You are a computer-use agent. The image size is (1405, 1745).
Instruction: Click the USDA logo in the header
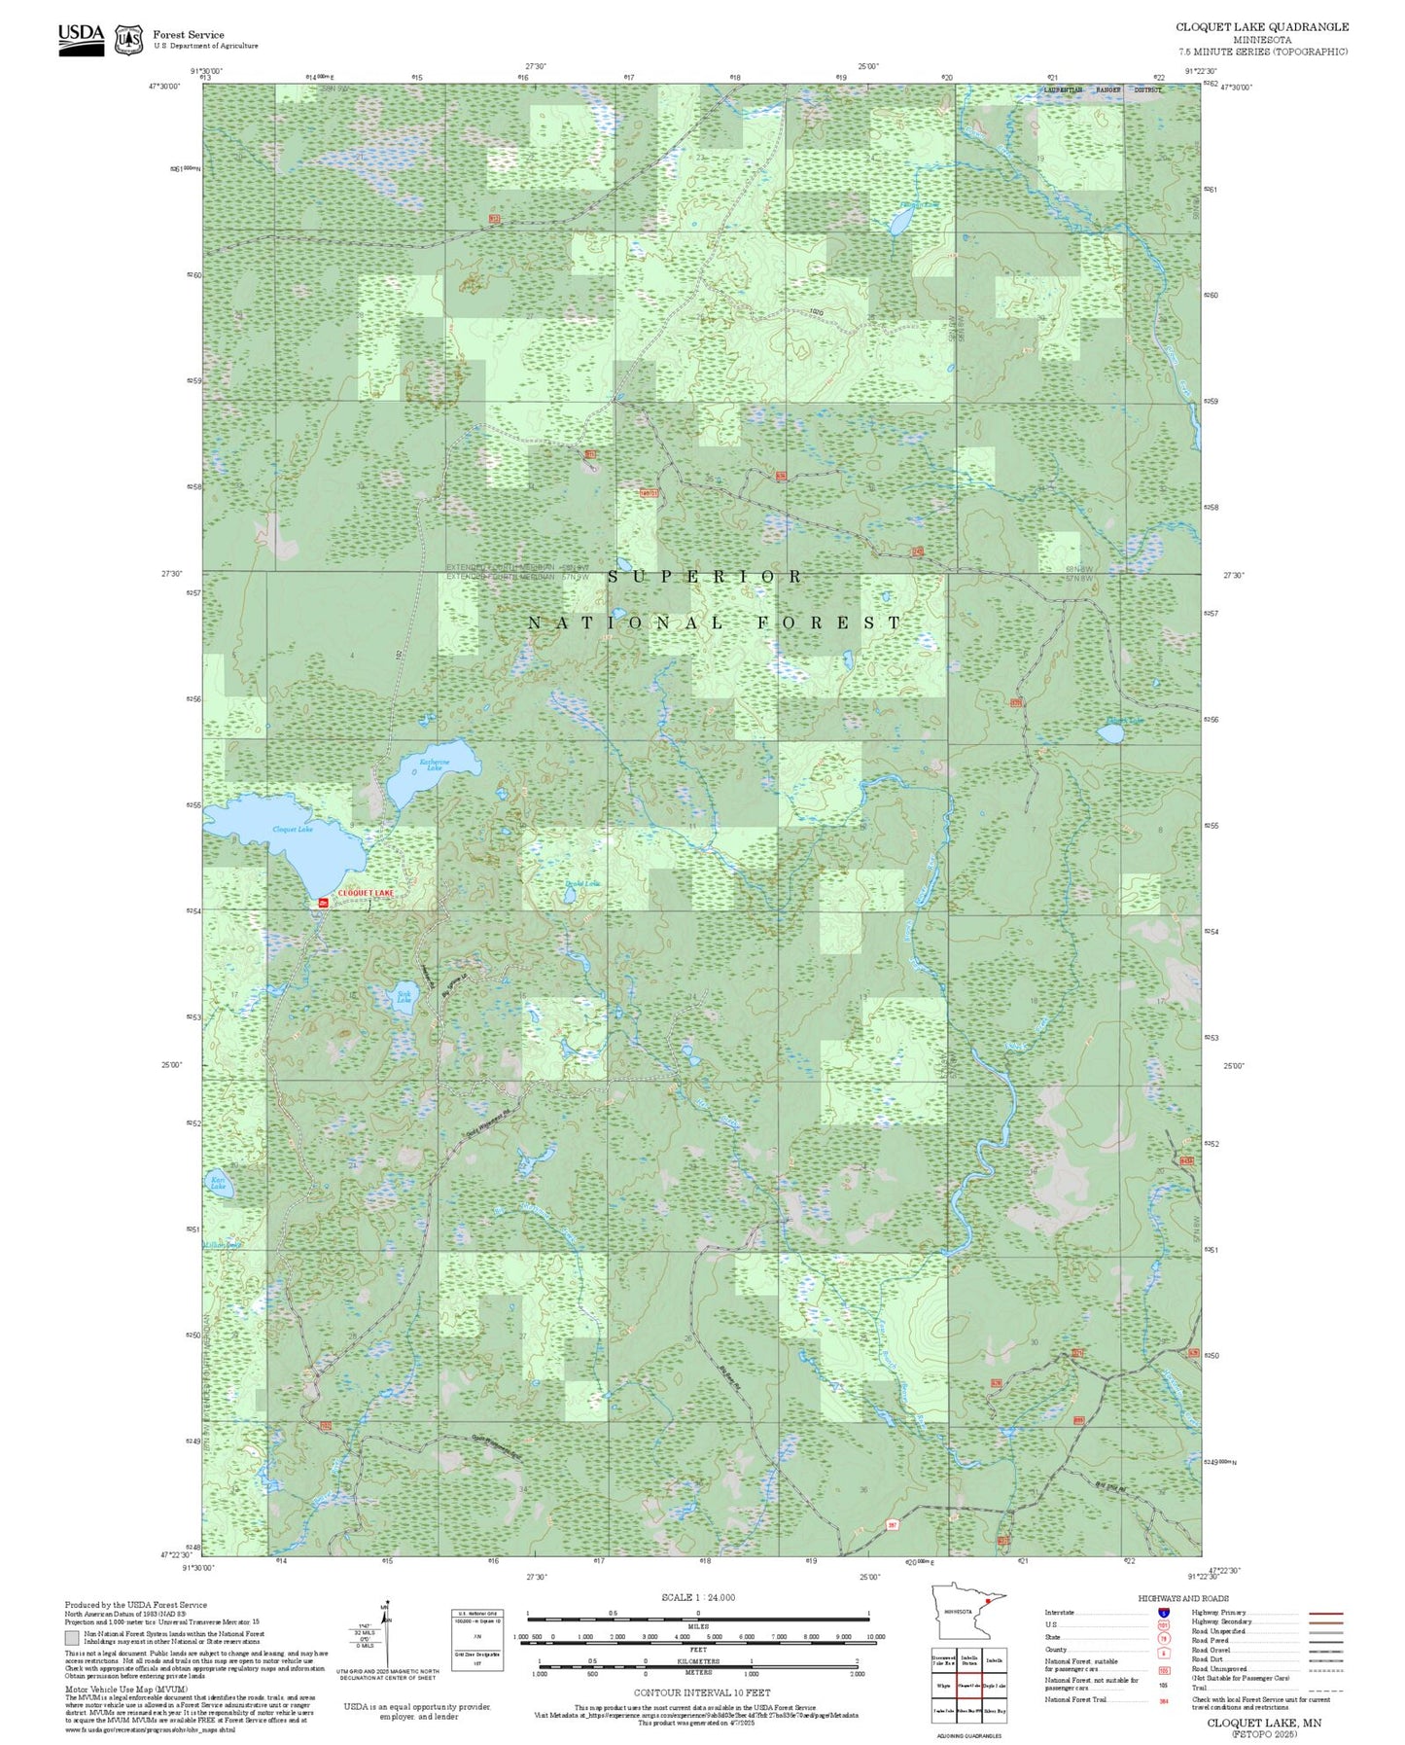[x=81, y=39]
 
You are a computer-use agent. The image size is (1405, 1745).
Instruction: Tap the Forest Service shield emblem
[x=128, y=40]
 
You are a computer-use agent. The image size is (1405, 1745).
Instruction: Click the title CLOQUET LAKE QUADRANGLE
[x=1261, y=27]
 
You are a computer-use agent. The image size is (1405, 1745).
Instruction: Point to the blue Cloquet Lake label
[x=292, y=829]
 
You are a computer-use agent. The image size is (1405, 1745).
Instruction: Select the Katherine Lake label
[x=434, y=765]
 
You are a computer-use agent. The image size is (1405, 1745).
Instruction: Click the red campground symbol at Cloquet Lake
[x=323, y=903]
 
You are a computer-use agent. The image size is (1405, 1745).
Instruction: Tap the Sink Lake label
[x=404, y=997]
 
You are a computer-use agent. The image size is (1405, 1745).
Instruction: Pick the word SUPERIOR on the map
[x=705, y=577]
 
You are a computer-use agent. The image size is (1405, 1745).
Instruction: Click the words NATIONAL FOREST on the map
[x=715, y=623]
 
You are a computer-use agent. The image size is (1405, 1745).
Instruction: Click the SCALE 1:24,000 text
[x=697, y=1597]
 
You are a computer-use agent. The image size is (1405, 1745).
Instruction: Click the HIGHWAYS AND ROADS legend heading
[x=1182, y=1598]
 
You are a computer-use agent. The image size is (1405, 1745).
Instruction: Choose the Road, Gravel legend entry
[x=1212, y=1650]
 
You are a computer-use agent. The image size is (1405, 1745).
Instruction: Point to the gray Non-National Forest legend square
[x=71, y=1637]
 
